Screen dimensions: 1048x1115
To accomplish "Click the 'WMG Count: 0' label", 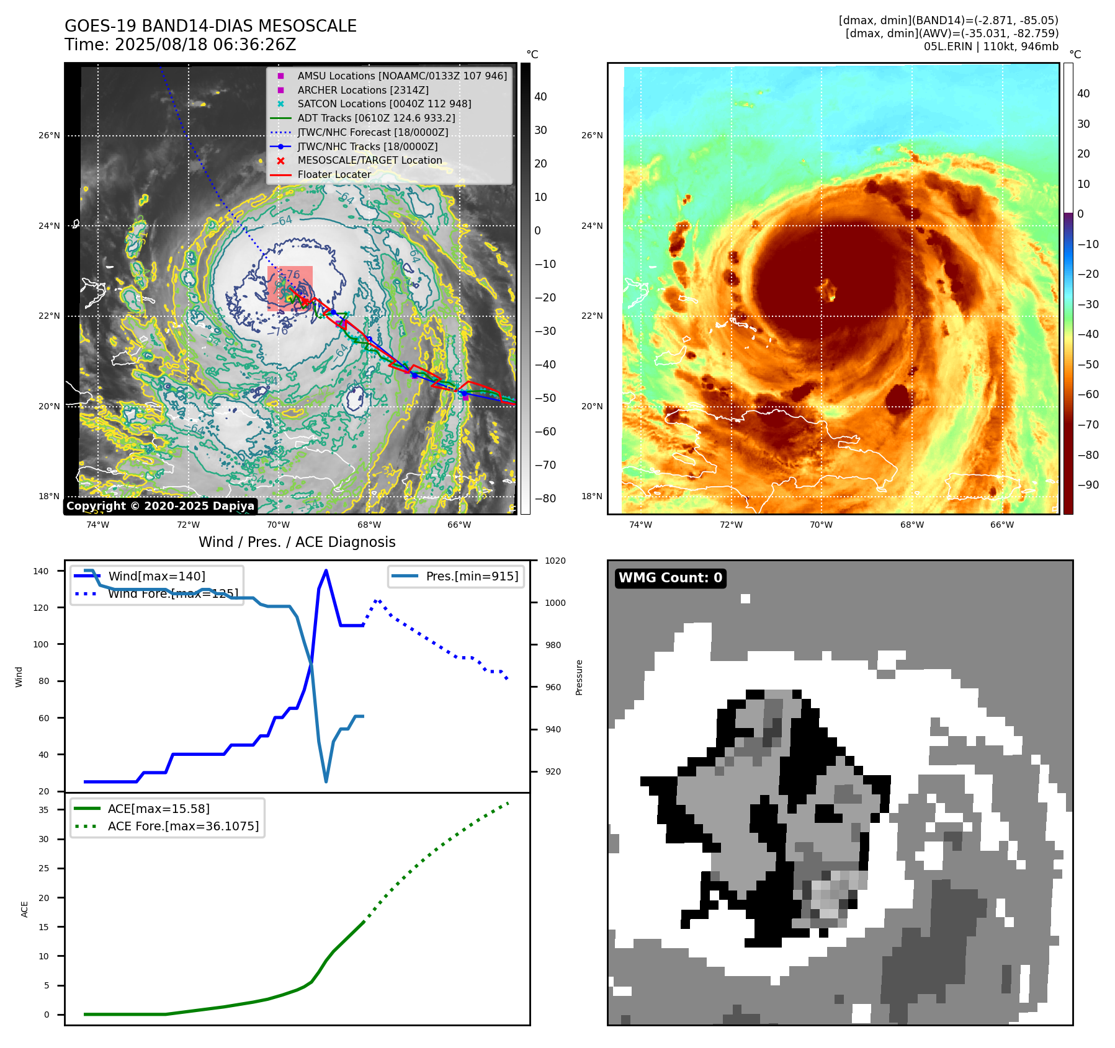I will (670, 578).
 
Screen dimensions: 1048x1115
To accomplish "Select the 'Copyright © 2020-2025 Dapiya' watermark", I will (160, 506).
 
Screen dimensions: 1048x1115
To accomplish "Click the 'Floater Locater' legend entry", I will (334, 175).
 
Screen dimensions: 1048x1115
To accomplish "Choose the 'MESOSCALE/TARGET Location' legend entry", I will (369, 161).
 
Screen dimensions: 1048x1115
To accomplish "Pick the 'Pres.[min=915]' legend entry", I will (472, 576).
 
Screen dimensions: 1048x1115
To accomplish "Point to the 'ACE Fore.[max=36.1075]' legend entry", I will (183, 826).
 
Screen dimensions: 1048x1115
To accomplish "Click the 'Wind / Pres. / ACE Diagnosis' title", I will (297, 542).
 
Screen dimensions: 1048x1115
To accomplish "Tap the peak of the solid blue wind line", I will (326, 571).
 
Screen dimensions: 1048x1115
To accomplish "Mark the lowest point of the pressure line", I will (326, 781).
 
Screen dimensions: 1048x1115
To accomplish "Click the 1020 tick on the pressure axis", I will (555, 561).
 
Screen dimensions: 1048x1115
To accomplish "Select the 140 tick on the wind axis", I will (41, 571).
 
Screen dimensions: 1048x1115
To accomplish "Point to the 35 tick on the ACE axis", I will (43, 810).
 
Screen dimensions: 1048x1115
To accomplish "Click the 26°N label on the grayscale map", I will (49, 136).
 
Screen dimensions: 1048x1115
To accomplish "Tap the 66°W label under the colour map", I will (1001, 525).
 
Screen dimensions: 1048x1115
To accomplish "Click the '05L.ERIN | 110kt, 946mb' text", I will (991, 47).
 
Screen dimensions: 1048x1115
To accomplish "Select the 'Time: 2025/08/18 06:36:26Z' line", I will (180, 45).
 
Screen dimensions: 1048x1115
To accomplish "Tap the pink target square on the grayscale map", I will (290, 288).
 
